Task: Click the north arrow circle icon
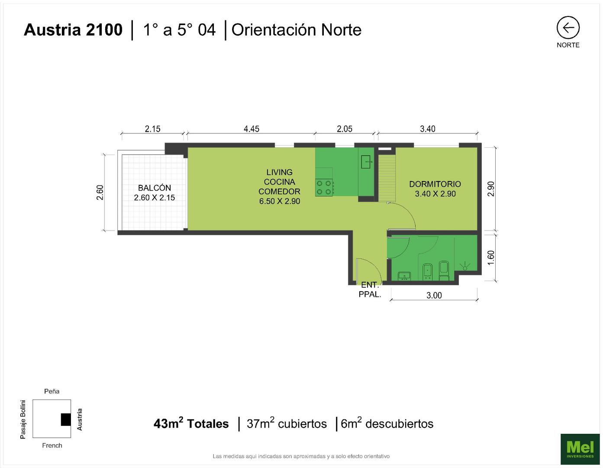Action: point(568,27)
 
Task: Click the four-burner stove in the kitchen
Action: point(324,187)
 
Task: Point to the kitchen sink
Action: point(367,162)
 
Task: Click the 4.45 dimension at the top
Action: point(251,129)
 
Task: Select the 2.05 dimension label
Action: point(345,129)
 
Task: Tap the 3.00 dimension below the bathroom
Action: point(434,295)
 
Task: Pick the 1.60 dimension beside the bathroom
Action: point(490,257)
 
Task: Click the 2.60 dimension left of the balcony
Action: point(100,192)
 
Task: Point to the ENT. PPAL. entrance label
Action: point(370,289)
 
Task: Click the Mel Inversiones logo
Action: point(580,449)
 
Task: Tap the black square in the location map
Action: point(66,419)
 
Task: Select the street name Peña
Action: point(52,391)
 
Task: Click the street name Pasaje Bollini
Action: point(23,419)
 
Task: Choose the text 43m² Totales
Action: point(191,423)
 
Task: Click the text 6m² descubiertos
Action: point(387,423)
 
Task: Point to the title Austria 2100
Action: point(73,30)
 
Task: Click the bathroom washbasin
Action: point(404,276)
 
